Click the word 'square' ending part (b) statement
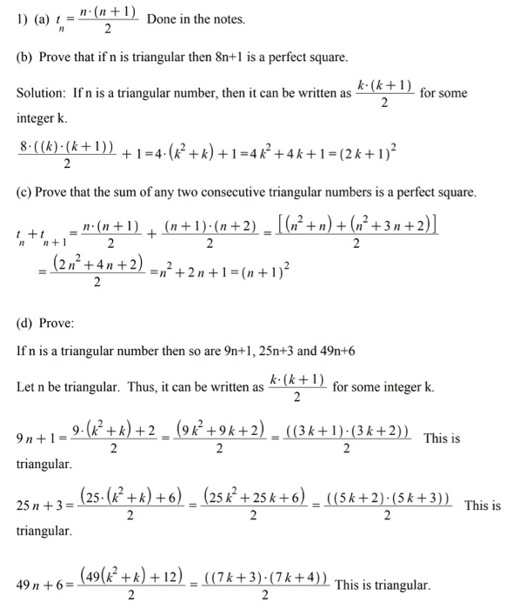coord(326,57)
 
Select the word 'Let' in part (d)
coord(27,386)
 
